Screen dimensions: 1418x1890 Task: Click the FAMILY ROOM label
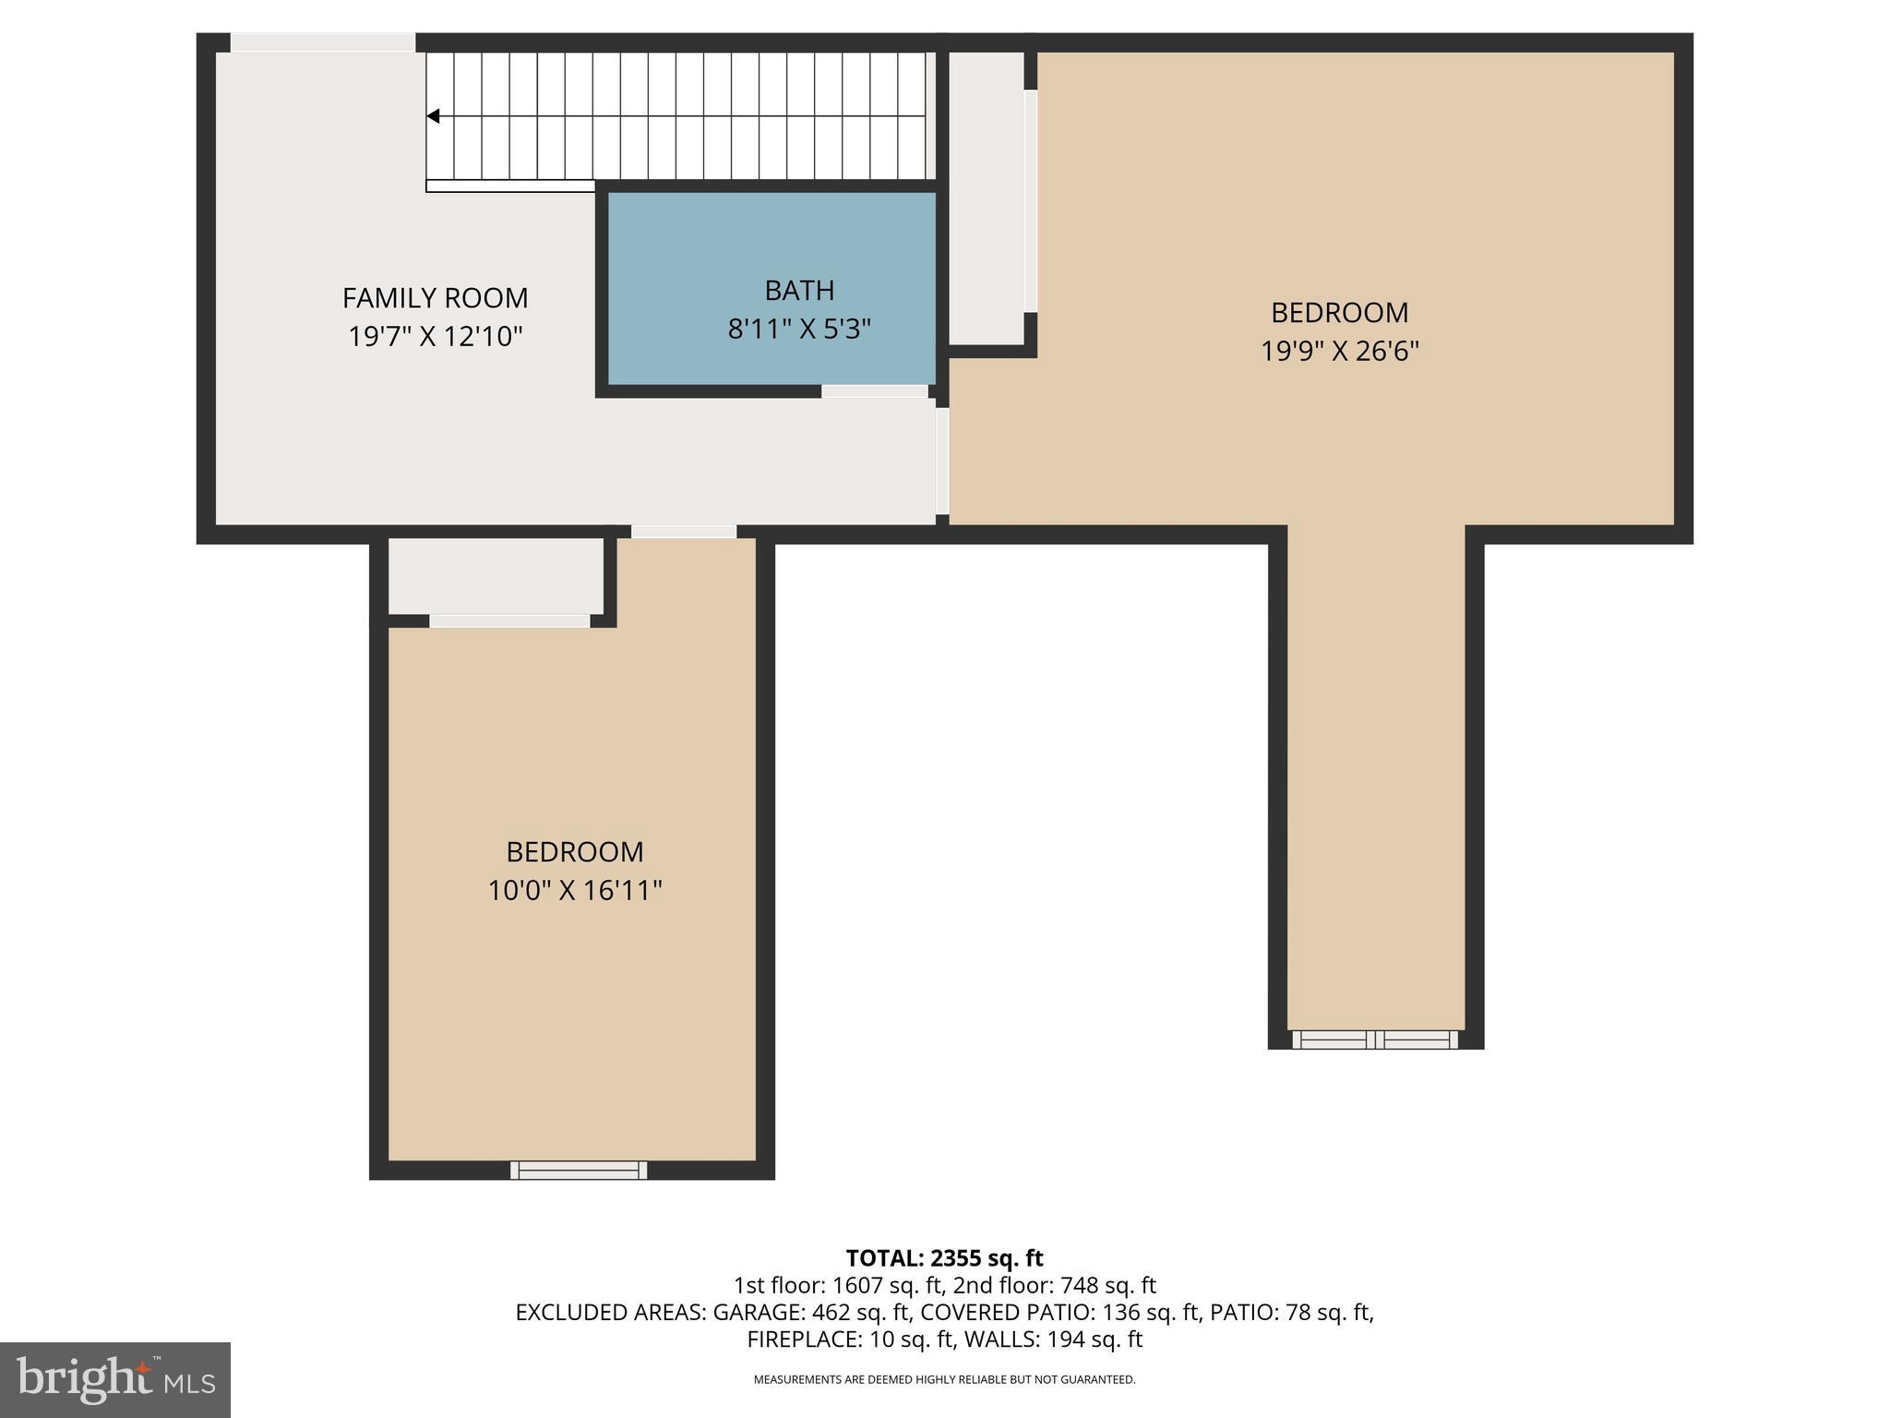point(435,298)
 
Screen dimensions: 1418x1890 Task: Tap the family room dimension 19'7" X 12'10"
point(435,337)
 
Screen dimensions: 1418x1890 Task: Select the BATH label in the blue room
point(799,291)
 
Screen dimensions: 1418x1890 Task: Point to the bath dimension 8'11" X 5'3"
point(799,330)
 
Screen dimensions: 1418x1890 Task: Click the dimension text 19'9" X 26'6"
point(1339,352)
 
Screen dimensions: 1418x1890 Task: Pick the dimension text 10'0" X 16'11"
point(575,891)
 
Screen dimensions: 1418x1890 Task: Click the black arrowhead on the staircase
point(433,116)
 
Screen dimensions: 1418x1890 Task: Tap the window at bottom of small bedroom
point(579,1170)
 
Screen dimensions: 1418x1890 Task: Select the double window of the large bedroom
point(1375,1039)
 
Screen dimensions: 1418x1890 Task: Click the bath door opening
point(874,391)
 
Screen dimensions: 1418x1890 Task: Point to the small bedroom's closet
point(496,576)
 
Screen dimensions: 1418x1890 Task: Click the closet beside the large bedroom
point(987,198)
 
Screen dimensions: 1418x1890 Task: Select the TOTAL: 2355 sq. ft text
point(944,1258)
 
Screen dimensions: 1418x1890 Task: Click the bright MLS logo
point(115,1379)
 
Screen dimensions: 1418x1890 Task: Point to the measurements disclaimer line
point(944,1380)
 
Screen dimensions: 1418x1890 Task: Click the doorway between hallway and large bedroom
point(942,462)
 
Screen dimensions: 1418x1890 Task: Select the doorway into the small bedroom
point(684,532)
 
